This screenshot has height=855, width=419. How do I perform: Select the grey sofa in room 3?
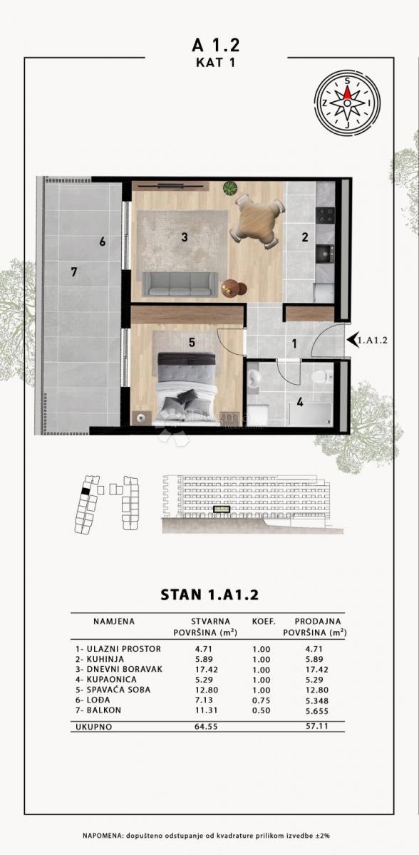pos(181,284)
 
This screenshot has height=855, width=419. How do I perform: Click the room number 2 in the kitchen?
pos(304,237)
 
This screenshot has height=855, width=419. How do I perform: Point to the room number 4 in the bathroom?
pos(300,403)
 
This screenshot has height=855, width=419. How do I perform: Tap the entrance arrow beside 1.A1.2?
pos(351,340)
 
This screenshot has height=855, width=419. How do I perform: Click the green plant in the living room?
pos(230,189)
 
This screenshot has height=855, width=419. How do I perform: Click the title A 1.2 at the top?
pos(216,45)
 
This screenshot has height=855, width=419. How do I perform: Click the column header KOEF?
pos(264,621)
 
